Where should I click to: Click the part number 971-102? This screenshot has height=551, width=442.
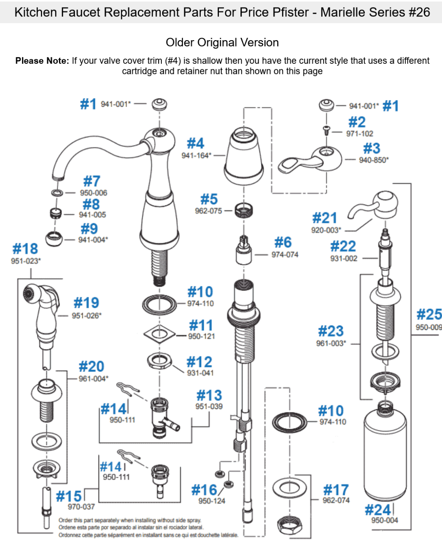pos(359,133)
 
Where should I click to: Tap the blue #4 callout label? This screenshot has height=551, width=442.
pos(196,143)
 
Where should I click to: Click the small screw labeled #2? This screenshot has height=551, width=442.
pos(327,130)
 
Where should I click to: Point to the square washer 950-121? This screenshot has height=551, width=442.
pos(159,334)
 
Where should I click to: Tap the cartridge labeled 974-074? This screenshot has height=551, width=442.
pos(244,250)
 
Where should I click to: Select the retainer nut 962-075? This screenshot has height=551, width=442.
pos(244,211)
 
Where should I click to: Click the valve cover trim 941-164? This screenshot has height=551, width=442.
pos(244,156)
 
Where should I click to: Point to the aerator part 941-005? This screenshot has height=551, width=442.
pos(55,213)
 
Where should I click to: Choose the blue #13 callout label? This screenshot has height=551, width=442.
pos(209,395)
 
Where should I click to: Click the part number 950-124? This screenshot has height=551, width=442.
pos(212,501)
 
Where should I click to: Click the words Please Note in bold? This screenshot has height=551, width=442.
pos(42,61)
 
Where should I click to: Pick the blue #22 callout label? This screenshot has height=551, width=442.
pos(343,246)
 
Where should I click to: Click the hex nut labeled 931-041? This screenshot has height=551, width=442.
pos(159,361)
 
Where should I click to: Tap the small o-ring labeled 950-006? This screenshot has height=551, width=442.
pos(57,192)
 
